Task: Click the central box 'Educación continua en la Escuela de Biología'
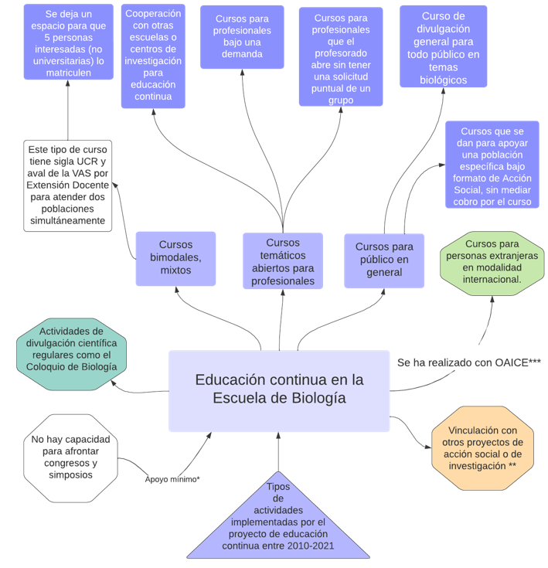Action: click(279, 390)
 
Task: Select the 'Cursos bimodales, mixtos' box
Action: click(175, 257)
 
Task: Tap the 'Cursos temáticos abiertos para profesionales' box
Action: click(282, 261)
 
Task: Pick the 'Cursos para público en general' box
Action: click(383, 260)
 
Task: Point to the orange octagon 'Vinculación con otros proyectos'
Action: click(483, 448)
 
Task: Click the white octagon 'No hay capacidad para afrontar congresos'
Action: click(70, 457)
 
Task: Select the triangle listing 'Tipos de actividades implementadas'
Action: click(278, 522)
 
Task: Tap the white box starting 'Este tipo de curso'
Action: click(67, 185)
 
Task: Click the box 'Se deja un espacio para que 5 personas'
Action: click(68, 42)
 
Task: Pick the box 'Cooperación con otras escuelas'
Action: click(153, 56)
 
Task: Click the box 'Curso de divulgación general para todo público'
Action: click(443, 46)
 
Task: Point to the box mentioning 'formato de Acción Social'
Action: click(492, 165)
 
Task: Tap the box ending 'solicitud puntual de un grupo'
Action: click(340, 57)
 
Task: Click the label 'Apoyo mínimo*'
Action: click(172, 479)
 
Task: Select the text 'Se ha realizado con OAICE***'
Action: click(468, 362)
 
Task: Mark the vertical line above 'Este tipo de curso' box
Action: click(68, 110)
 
